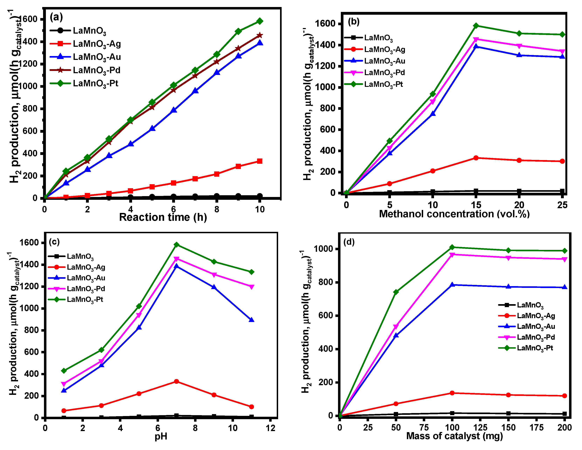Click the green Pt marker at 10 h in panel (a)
(x=260, y=21)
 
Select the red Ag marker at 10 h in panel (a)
(x=260, y=161)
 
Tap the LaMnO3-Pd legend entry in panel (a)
(x=97, y=70)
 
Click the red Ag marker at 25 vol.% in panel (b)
(x=562, y=161)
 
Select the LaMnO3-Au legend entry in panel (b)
(x=385, y=61)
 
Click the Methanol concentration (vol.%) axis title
(x=454, y=214)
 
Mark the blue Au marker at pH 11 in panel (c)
(x=251, y=320)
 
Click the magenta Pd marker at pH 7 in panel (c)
(x=176, y=259)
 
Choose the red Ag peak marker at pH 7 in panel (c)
(x=176, y=382)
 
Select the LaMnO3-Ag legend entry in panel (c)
(x=86, y=267)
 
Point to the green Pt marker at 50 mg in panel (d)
(x=396, y=292)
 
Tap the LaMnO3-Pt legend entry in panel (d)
(x=535, y=348)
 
